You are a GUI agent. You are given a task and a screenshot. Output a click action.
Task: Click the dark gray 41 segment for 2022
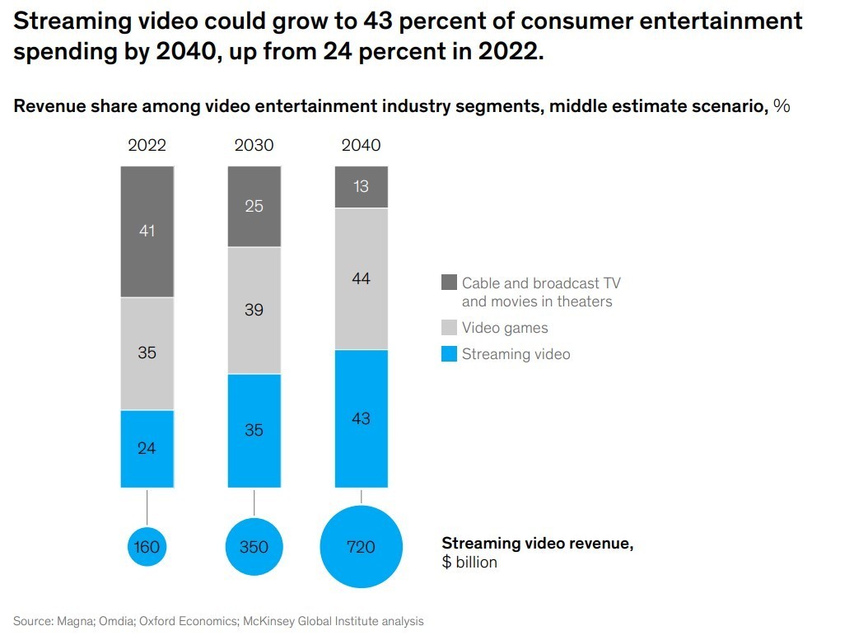(147, 231)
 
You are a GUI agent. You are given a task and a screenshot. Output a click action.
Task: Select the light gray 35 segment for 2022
(147, 353)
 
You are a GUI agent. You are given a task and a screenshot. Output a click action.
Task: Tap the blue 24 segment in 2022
(147, 449)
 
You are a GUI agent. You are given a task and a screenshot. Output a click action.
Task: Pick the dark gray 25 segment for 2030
(254, 206)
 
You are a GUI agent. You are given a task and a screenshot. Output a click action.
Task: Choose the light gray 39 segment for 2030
(254, 311)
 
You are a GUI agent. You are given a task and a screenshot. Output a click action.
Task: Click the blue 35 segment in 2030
(254, 430)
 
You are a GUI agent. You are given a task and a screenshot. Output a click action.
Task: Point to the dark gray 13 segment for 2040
(361, 186)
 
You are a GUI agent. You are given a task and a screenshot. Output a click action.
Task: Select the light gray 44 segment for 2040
(361, 279)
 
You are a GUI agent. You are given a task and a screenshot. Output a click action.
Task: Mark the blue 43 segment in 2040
(361, 418)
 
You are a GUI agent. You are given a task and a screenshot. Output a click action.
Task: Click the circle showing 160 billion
(147, 546)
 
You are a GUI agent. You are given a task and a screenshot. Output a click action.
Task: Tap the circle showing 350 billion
(254, 546)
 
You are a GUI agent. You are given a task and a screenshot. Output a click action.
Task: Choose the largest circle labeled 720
(361, 546)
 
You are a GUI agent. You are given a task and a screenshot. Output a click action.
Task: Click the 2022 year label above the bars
(147, 145)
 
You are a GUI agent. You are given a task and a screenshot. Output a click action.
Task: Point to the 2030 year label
(254, 145)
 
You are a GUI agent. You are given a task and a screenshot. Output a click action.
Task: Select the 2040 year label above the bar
(361, 145)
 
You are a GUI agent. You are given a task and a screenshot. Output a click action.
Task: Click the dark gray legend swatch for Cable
(449, 283)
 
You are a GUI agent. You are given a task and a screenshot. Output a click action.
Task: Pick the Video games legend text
(505, 328)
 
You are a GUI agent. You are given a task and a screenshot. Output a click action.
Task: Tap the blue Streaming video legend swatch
(449, 354)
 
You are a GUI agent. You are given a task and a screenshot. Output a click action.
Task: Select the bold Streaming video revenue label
(537, 544)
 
